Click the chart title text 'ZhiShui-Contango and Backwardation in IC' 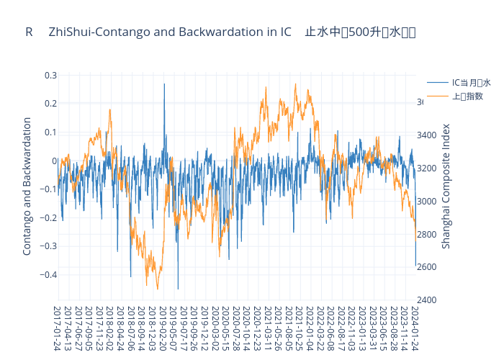tap(175, 32)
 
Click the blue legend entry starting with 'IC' tap(471, 83)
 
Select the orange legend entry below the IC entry tap(467, 96)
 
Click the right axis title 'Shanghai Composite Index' tap(446, 186)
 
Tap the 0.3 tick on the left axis tap(50, 76)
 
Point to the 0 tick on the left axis tap(54, 161)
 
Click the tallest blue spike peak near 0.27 tap(164, 84)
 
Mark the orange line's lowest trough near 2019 tap(158, 289)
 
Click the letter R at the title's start tap(29, 32)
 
